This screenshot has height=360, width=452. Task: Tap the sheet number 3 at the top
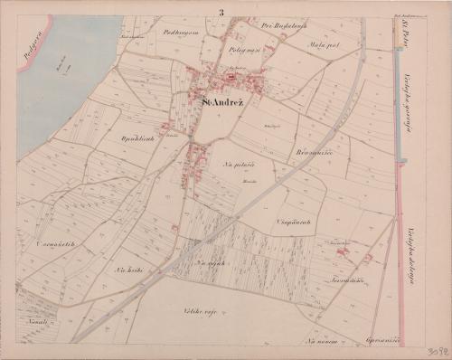coord(220,11)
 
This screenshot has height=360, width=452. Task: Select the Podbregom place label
coord(180,32)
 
